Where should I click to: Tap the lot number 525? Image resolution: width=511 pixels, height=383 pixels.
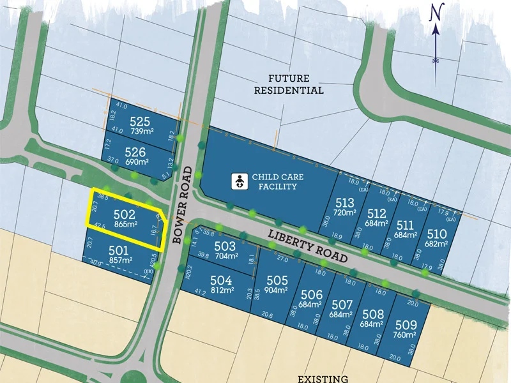tap(139, 121)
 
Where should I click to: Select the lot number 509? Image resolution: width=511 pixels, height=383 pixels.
tap(406, 324)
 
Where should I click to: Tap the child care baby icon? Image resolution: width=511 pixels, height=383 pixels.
tap(238, 182)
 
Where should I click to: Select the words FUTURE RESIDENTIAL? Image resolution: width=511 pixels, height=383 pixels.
tap(289, 84)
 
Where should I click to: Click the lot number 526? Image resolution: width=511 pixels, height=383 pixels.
tap(135, 152)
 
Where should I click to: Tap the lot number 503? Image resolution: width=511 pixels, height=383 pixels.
tap(225, 246)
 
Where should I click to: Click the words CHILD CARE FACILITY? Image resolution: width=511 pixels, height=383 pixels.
tap(274, 181)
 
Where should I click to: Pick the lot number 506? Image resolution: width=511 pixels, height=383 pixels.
tap(311, 294)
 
